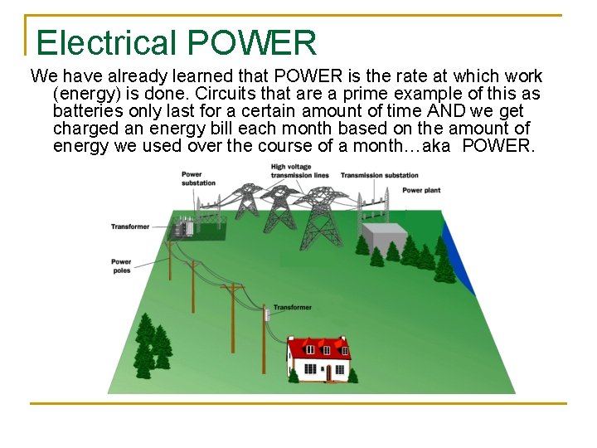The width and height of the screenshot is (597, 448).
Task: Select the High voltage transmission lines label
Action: pos(300,171)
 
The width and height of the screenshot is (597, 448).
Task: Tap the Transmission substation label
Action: pos(379,175)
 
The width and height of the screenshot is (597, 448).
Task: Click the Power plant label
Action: pos(420,190)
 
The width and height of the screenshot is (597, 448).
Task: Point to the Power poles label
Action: pos(121,265)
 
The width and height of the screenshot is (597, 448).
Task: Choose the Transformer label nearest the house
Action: pos(292,308)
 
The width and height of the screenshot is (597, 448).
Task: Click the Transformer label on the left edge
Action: pos(130,226)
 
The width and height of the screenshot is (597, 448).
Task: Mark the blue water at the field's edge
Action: pos(460,257)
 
